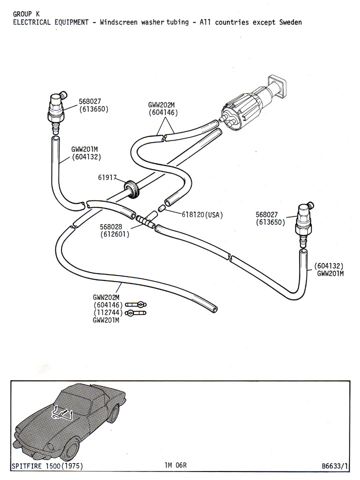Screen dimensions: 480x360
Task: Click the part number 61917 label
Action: coord(107,177)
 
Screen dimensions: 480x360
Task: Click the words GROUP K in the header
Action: coord(26,14)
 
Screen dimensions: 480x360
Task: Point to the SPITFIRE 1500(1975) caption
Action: coord(47,466)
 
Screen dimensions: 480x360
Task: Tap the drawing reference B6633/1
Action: coord(334,466)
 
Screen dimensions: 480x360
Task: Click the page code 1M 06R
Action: coord(175,466)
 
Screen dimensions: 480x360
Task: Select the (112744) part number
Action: coord(108,313)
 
